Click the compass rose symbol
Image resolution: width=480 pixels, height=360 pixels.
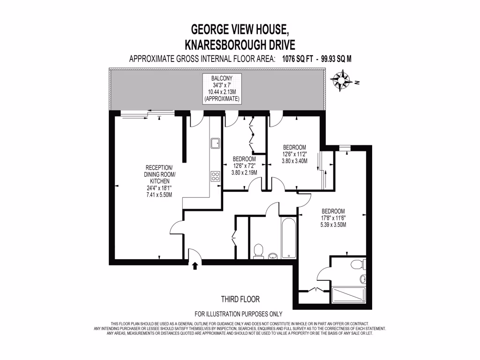click(341, 80)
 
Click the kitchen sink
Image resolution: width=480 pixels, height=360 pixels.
click(216, 142)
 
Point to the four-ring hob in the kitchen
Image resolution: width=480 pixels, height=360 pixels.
click(216, 176)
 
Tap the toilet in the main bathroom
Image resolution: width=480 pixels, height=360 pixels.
click(257, 251)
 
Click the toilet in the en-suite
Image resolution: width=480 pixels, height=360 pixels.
click(358, 264)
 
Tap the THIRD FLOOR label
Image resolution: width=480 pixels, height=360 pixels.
click(240, 299)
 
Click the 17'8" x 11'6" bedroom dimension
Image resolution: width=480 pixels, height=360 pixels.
click(333, 218)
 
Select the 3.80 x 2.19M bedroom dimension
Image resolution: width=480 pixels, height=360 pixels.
click(244, 172)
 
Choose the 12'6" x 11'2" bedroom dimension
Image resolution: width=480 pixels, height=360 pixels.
click(294, 154)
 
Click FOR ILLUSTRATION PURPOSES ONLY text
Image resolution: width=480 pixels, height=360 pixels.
click(239, 314)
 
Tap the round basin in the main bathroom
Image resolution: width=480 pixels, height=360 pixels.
click(273, 256)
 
